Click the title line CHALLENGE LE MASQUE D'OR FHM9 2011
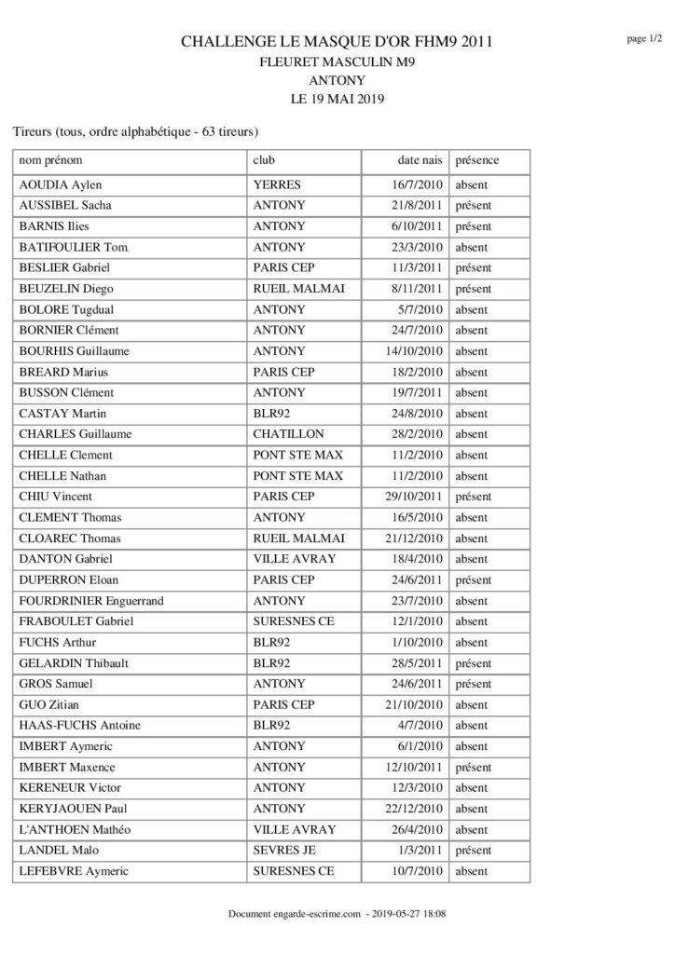(x=337, y=42)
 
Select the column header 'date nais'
(x=420, y=160)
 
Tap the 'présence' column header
(x=477, y=160)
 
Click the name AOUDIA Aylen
(x=62, y=185)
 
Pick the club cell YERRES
(x=277, y=185)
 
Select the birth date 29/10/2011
(x=417, y=497)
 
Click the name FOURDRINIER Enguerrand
(x=91, y=601)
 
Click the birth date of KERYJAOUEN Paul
(x=417, y=809)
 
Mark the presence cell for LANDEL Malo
(x=473, y=850)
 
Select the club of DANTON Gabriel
(x=295, y=559)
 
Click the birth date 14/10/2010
(x=417, y=351)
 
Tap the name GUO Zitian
(x=55, y=704)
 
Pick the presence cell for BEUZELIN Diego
(x=473, y=289)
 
